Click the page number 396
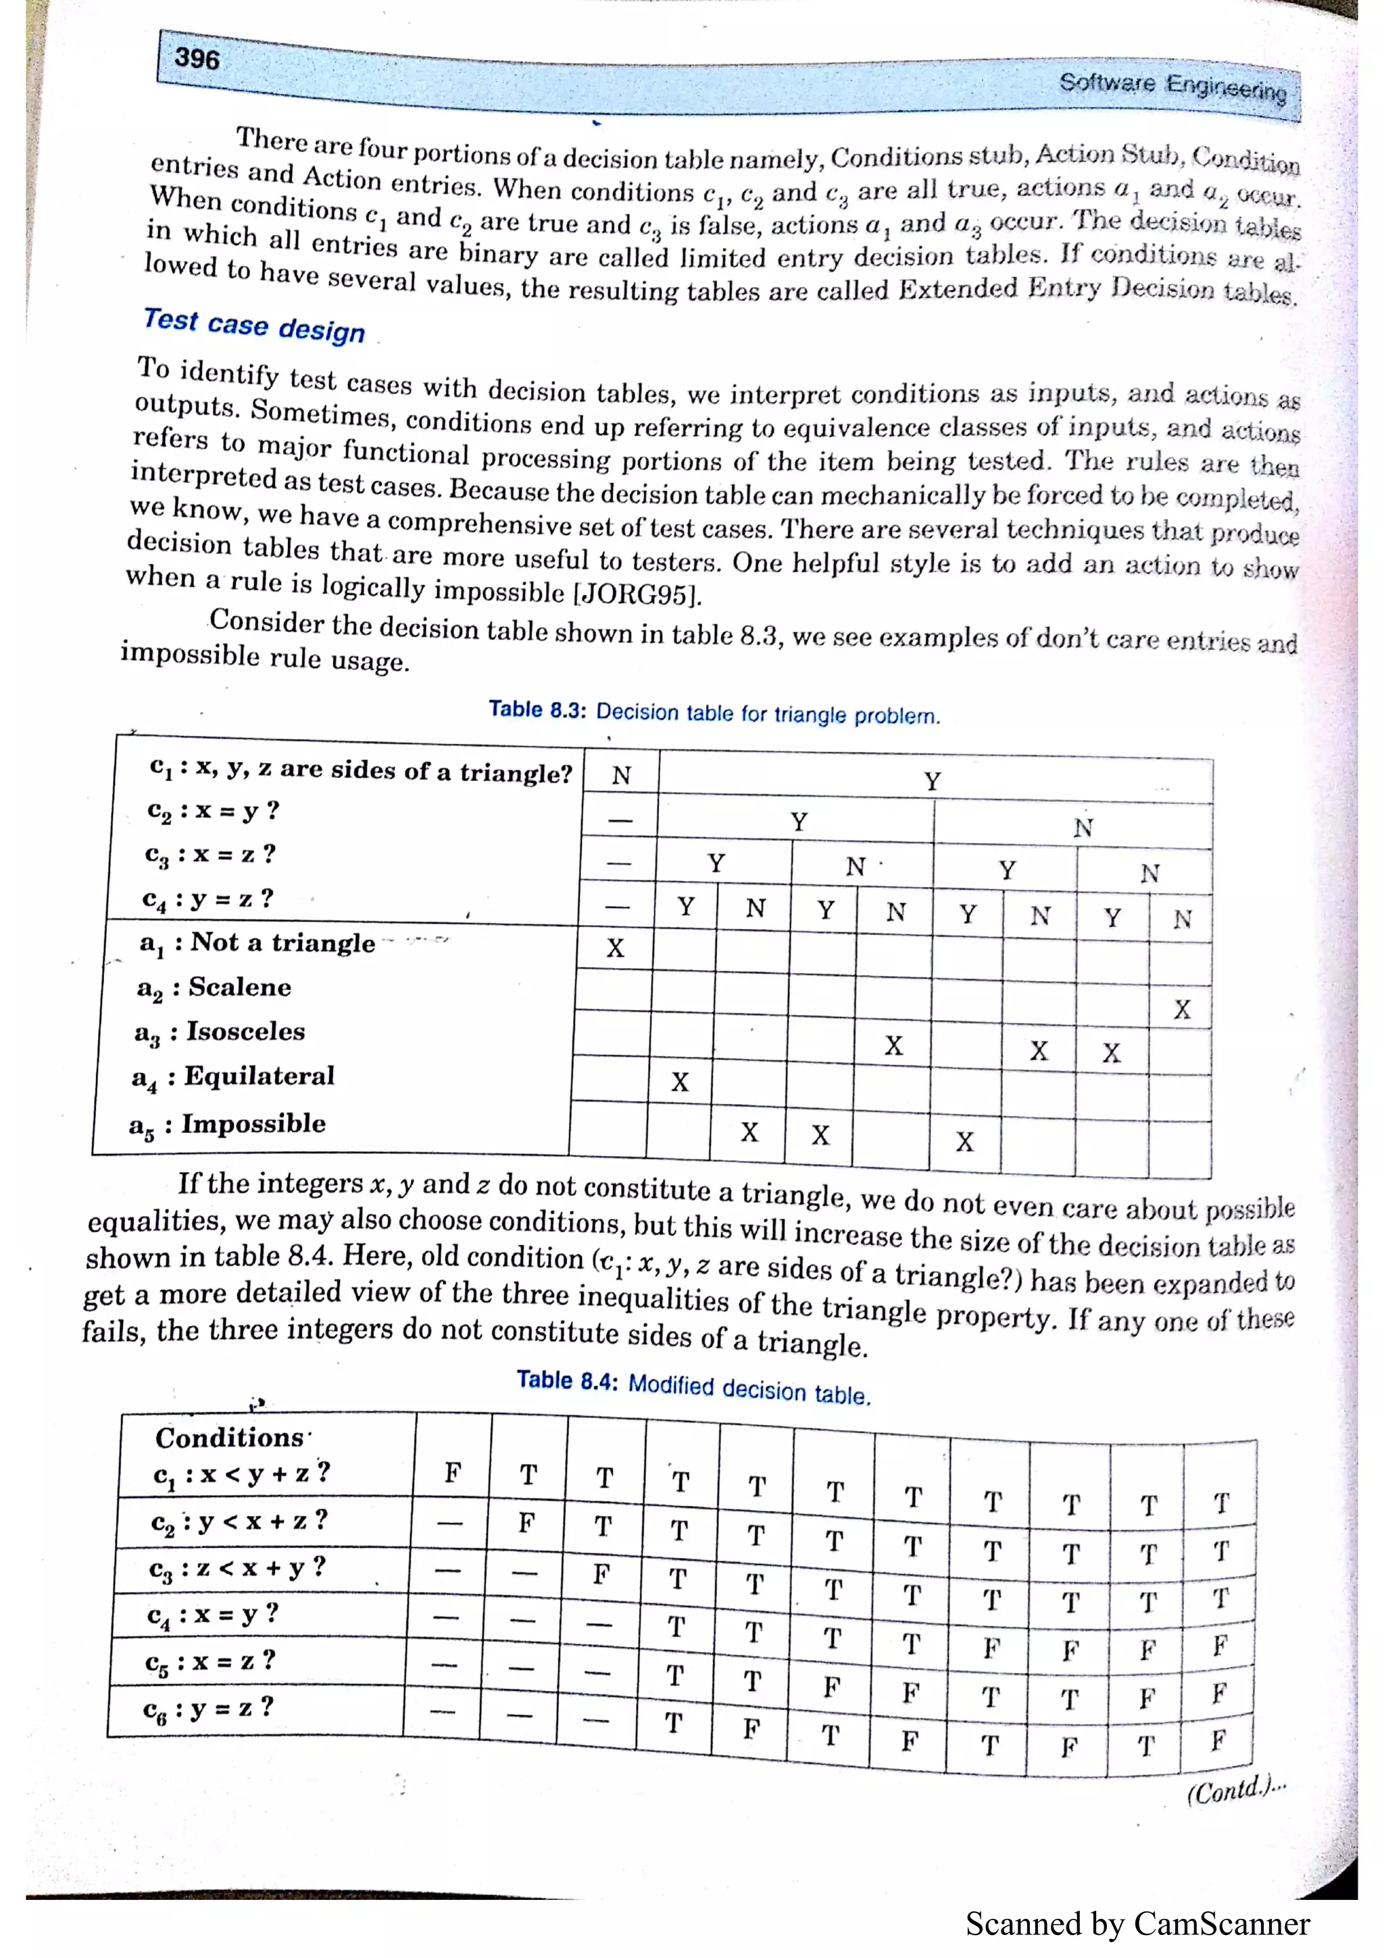click(x=197, y=58)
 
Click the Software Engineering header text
click(x=1172, y=85)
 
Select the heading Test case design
click(x=254, y=325)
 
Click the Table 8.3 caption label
click(x=537, y=709)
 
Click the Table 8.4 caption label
click(x=567, y=1380)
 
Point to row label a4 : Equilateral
click(x=232, y=1077)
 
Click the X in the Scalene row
click(x=1181, y=1009)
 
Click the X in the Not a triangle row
click(x=615, y=947)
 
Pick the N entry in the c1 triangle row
click(x=621, y=775)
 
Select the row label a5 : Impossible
click(x=227, y=1124)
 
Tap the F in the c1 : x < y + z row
click(x=453, y=1473)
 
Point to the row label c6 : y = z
click(x=208, y=1707)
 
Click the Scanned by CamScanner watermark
click(x=1137, y=1924)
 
